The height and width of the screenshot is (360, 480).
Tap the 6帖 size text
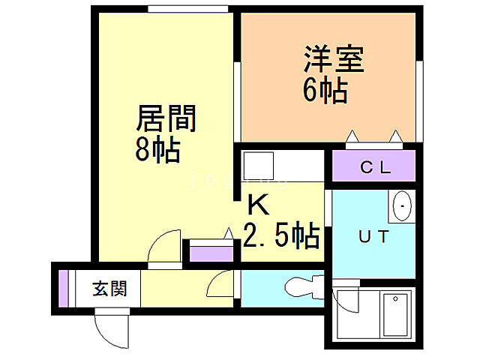(x=325, y=91)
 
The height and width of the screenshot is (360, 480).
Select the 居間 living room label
(x=166, y=118)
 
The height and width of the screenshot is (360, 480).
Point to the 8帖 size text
(x=157, y=149)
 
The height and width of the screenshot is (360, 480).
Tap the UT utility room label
(x=373, y=238)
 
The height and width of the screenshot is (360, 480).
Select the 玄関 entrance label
(x=109, y=287)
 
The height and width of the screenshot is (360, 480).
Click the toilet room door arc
(x=221, y=285)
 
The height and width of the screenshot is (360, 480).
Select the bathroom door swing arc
(x=349, y=300)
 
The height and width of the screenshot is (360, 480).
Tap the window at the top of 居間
(x=187, y=9)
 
